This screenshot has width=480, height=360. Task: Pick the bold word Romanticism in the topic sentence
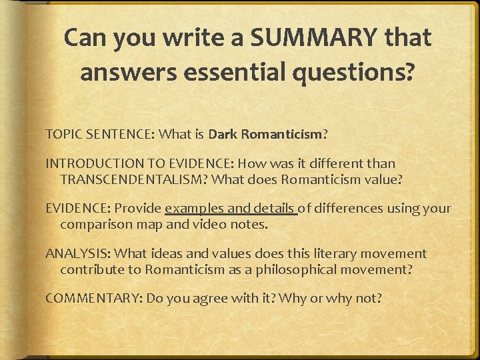coord(282,135)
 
